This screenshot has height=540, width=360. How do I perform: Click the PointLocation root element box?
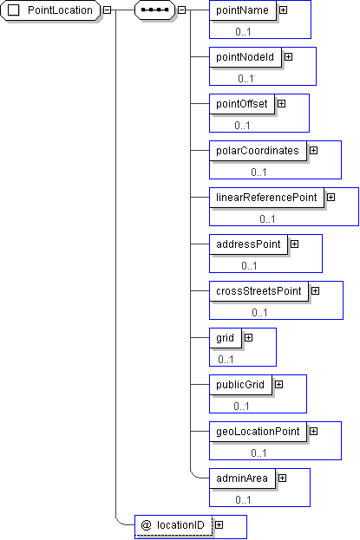click(50, 10)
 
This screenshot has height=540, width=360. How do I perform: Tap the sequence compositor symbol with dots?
click(154, 10)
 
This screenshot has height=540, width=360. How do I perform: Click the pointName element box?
click(243, 10)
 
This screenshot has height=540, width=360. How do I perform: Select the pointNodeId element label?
click(245, 57)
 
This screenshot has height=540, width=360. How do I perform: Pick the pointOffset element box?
click(242, 104)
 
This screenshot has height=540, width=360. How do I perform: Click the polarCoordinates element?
click(258, 151)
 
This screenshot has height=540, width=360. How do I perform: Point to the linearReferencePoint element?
click(266, 198)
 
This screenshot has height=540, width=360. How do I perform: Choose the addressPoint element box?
click(248, 244)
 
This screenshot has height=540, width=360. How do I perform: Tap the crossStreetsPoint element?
click(259, 291)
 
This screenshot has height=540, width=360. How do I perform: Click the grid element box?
click(226, 338)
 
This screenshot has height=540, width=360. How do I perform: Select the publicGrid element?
click(240, 385)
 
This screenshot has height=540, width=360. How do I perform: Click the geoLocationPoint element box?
click(258, 432)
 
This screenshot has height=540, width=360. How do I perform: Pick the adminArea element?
click(242, 478)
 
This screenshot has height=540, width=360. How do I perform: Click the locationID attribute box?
click(173, 525)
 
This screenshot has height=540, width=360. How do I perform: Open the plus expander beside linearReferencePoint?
click(331, 198)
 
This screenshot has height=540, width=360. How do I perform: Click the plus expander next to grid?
click(248, 338)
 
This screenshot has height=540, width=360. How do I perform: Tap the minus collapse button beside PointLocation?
click(108, 10)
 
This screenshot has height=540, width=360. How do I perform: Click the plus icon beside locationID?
click(219, 525)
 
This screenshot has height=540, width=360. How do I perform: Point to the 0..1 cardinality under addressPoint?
click(249, 265)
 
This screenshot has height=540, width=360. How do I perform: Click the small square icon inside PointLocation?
click(14, 10)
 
